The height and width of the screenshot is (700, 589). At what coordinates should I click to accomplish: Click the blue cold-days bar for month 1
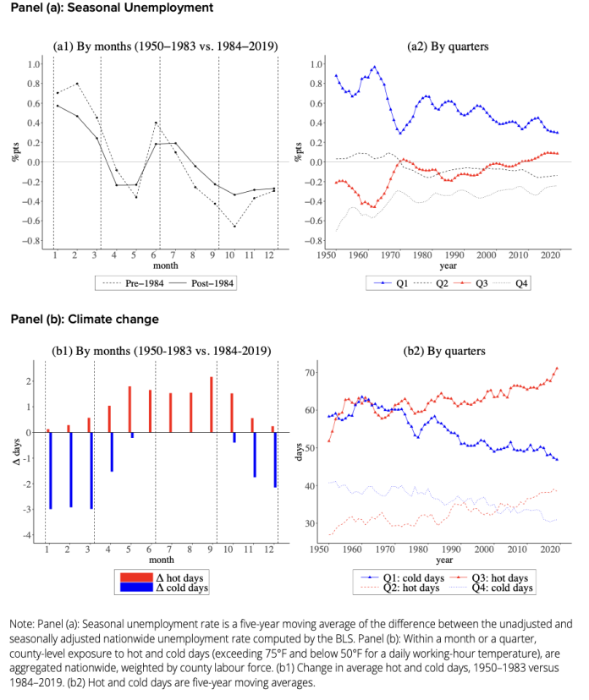[x=50, y=470]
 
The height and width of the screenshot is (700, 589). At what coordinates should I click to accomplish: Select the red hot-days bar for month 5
[x=129, y=409]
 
